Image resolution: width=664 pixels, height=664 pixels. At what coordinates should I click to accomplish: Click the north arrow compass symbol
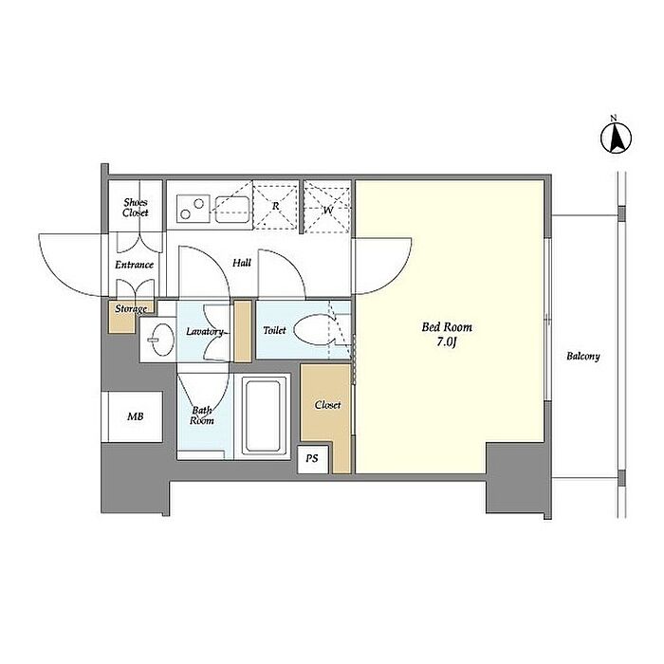[616, 137]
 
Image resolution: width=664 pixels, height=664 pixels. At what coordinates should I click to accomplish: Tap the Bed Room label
[447, 327]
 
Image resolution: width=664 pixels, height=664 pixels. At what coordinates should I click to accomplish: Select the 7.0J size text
[447, 342]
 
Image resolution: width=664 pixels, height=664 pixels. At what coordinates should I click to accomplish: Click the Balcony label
[583, 356]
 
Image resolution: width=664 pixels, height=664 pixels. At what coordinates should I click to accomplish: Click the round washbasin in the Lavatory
[162, 340]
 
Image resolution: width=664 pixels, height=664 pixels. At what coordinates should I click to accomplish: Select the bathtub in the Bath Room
[262, 416]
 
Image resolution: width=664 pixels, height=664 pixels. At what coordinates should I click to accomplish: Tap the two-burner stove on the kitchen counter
[194, 209]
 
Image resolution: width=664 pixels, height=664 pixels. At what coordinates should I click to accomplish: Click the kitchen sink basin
[231, 210]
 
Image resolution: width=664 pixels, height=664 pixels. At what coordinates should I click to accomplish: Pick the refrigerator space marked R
[275, 206]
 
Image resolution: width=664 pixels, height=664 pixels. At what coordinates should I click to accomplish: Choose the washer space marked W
[327, 207]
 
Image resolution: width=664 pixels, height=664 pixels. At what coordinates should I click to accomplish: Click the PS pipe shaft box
[312, 459]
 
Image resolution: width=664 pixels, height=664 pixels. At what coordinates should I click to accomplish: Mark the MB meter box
[136, 416]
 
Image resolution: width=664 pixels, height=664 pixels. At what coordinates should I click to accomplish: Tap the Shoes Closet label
[136, 208]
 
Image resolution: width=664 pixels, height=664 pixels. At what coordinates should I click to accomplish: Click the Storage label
[131, 309]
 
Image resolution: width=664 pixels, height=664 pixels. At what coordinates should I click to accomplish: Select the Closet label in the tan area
[327, 405]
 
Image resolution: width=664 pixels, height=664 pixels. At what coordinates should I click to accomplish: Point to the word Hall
[241, 263]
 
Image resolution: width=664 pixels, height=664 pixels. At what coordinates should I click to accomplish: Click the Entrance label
[135, 265]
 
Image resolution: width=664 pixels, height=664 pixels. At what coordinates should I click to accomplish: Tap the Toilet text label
[274, 330]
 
